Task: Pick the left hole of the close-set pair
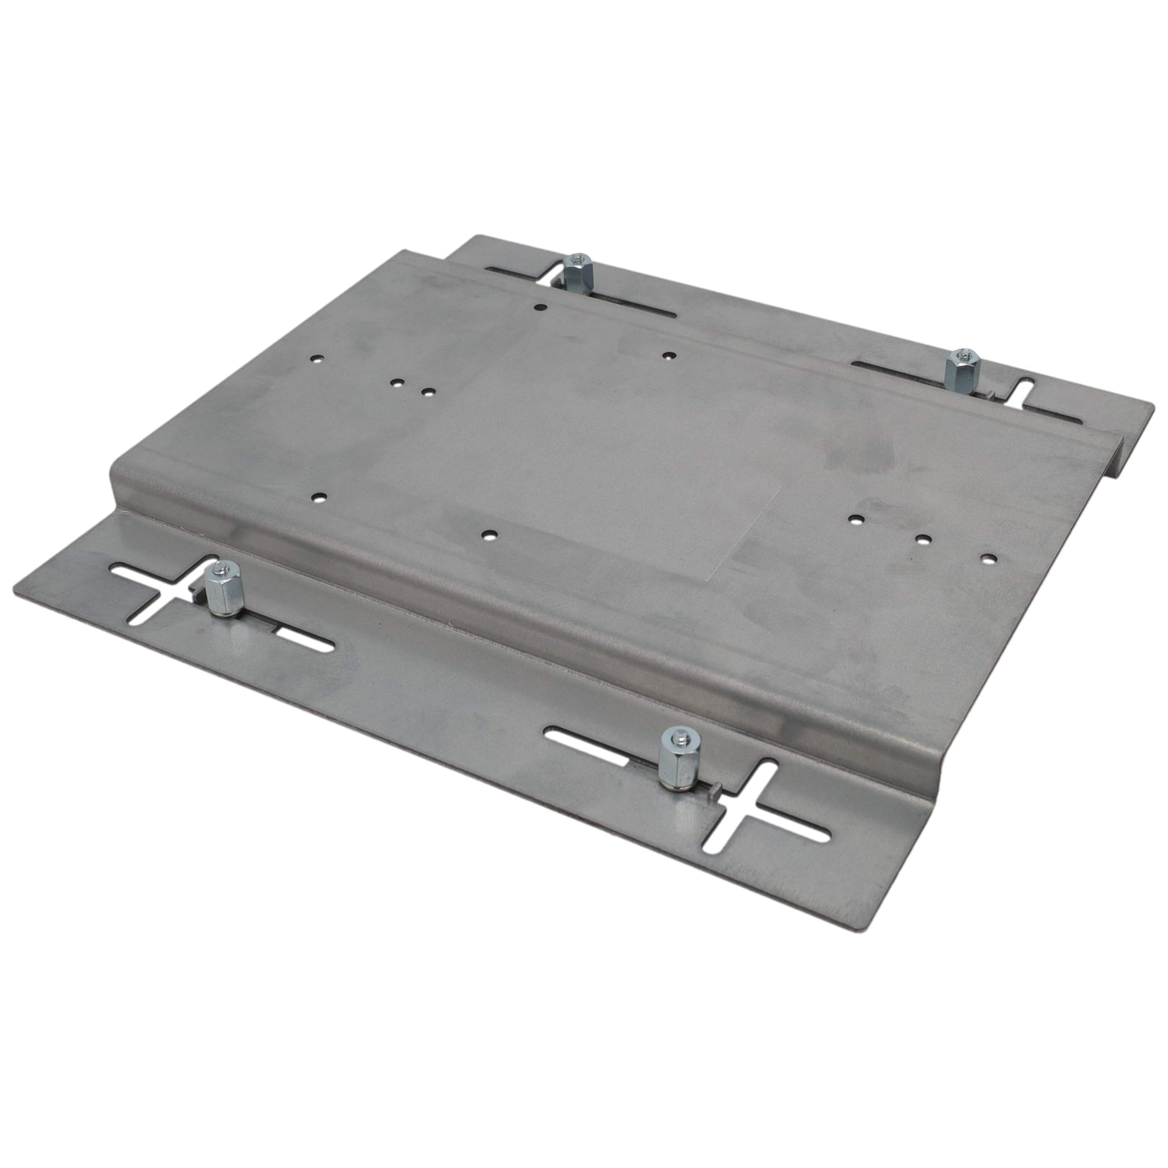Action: pyautogui.click(x=397, y=383)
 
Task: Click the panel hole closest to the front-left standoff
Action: pyautogui.click(x=317, y=498)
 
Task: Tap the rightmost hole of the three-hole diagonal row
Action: pyautogui.click(x=987, y=557)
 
